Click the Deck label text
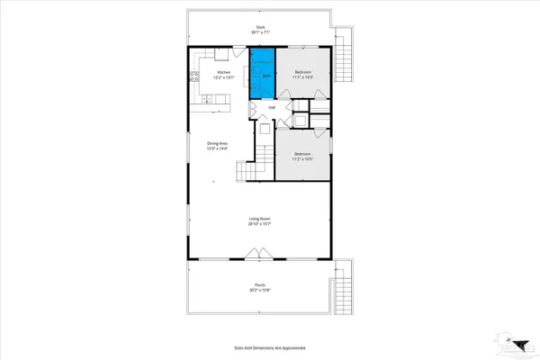(261, 27)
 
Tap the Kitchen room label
(223, 71)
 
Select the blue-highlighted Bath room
(261, 74)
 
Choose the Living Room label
(260, 219)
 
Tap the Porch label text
(260, 287)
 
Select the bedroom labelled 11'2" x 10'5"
(303, 157)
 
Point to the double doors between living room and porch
(255, 259)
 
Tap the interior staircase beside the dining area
(247, 171)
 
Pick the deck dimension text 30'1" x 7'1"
(261, 32)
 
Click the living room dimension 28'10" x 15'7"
(260, 224)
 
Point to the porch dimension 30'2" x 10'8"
(260, 292)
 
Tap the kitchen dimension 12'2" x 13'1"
(223, 76)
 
